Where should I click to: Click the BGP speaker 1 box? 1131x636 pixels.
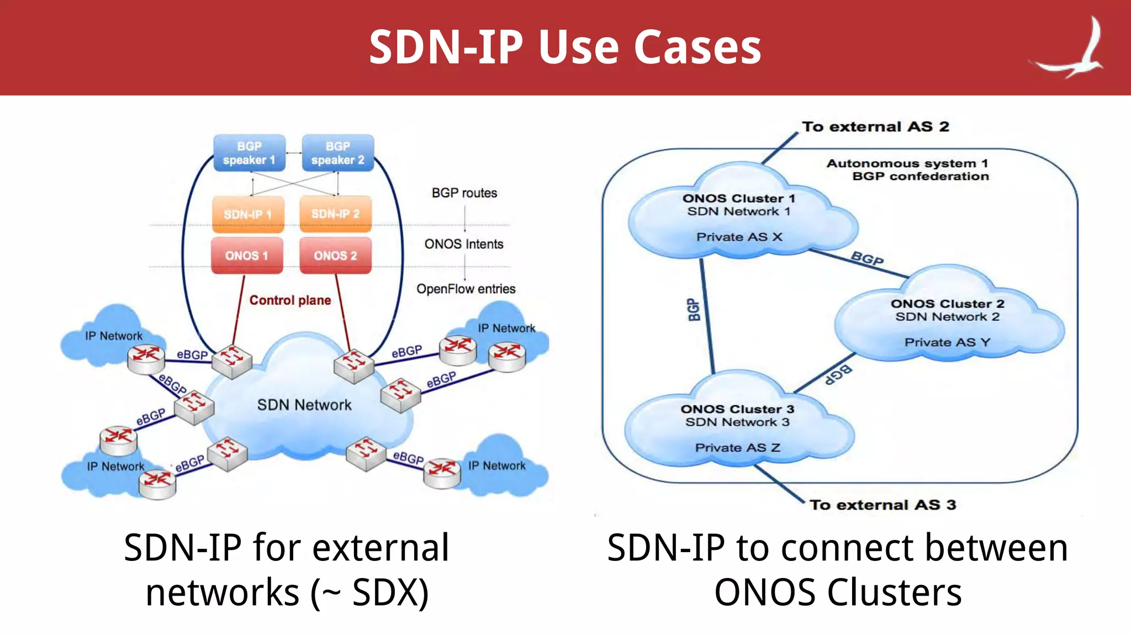249,153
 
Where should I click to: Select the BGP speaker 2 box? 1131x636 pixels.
337,153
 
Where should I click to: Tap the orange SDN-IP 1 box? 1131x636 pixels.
248,214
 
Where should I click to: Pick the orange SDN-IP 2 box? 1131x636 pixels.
335,214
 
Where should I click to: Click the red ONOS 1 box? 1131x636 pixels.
247,256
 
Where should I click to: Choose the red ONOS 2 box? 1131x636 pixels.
335,256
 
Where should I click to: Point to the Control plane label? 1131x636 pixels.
290,300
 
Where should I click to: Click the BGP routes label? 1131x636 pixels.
464,193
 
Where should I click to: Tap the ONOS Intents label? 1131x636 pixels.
464,244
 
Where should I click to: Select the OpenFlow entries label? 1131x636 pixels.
466,289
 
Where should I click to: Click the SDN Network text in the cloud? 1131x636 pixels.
304,405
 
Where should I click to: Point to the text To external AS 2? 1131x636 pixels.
875,127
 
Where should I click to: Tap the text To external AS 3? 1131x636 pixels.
882,505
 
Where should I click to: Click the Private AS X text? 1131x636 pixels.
739,237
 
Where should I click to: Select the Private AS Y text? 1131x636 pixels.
947,342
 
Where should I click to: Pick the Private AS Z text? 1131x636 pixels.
737,448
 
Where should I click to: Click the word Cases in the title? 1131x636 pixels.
697,47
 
